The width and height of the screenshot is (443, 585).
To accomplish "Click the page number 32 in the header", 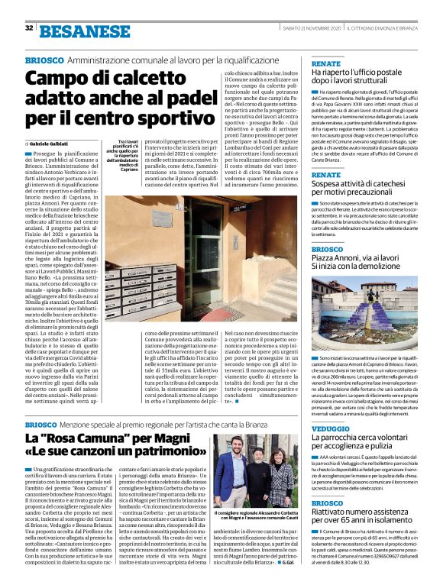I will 29,28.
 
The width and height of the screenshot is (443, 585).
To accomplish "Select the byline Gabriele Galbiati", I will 52,144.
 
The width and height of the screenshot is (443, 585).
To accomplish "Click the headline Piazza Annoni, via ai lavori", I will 365,263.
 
